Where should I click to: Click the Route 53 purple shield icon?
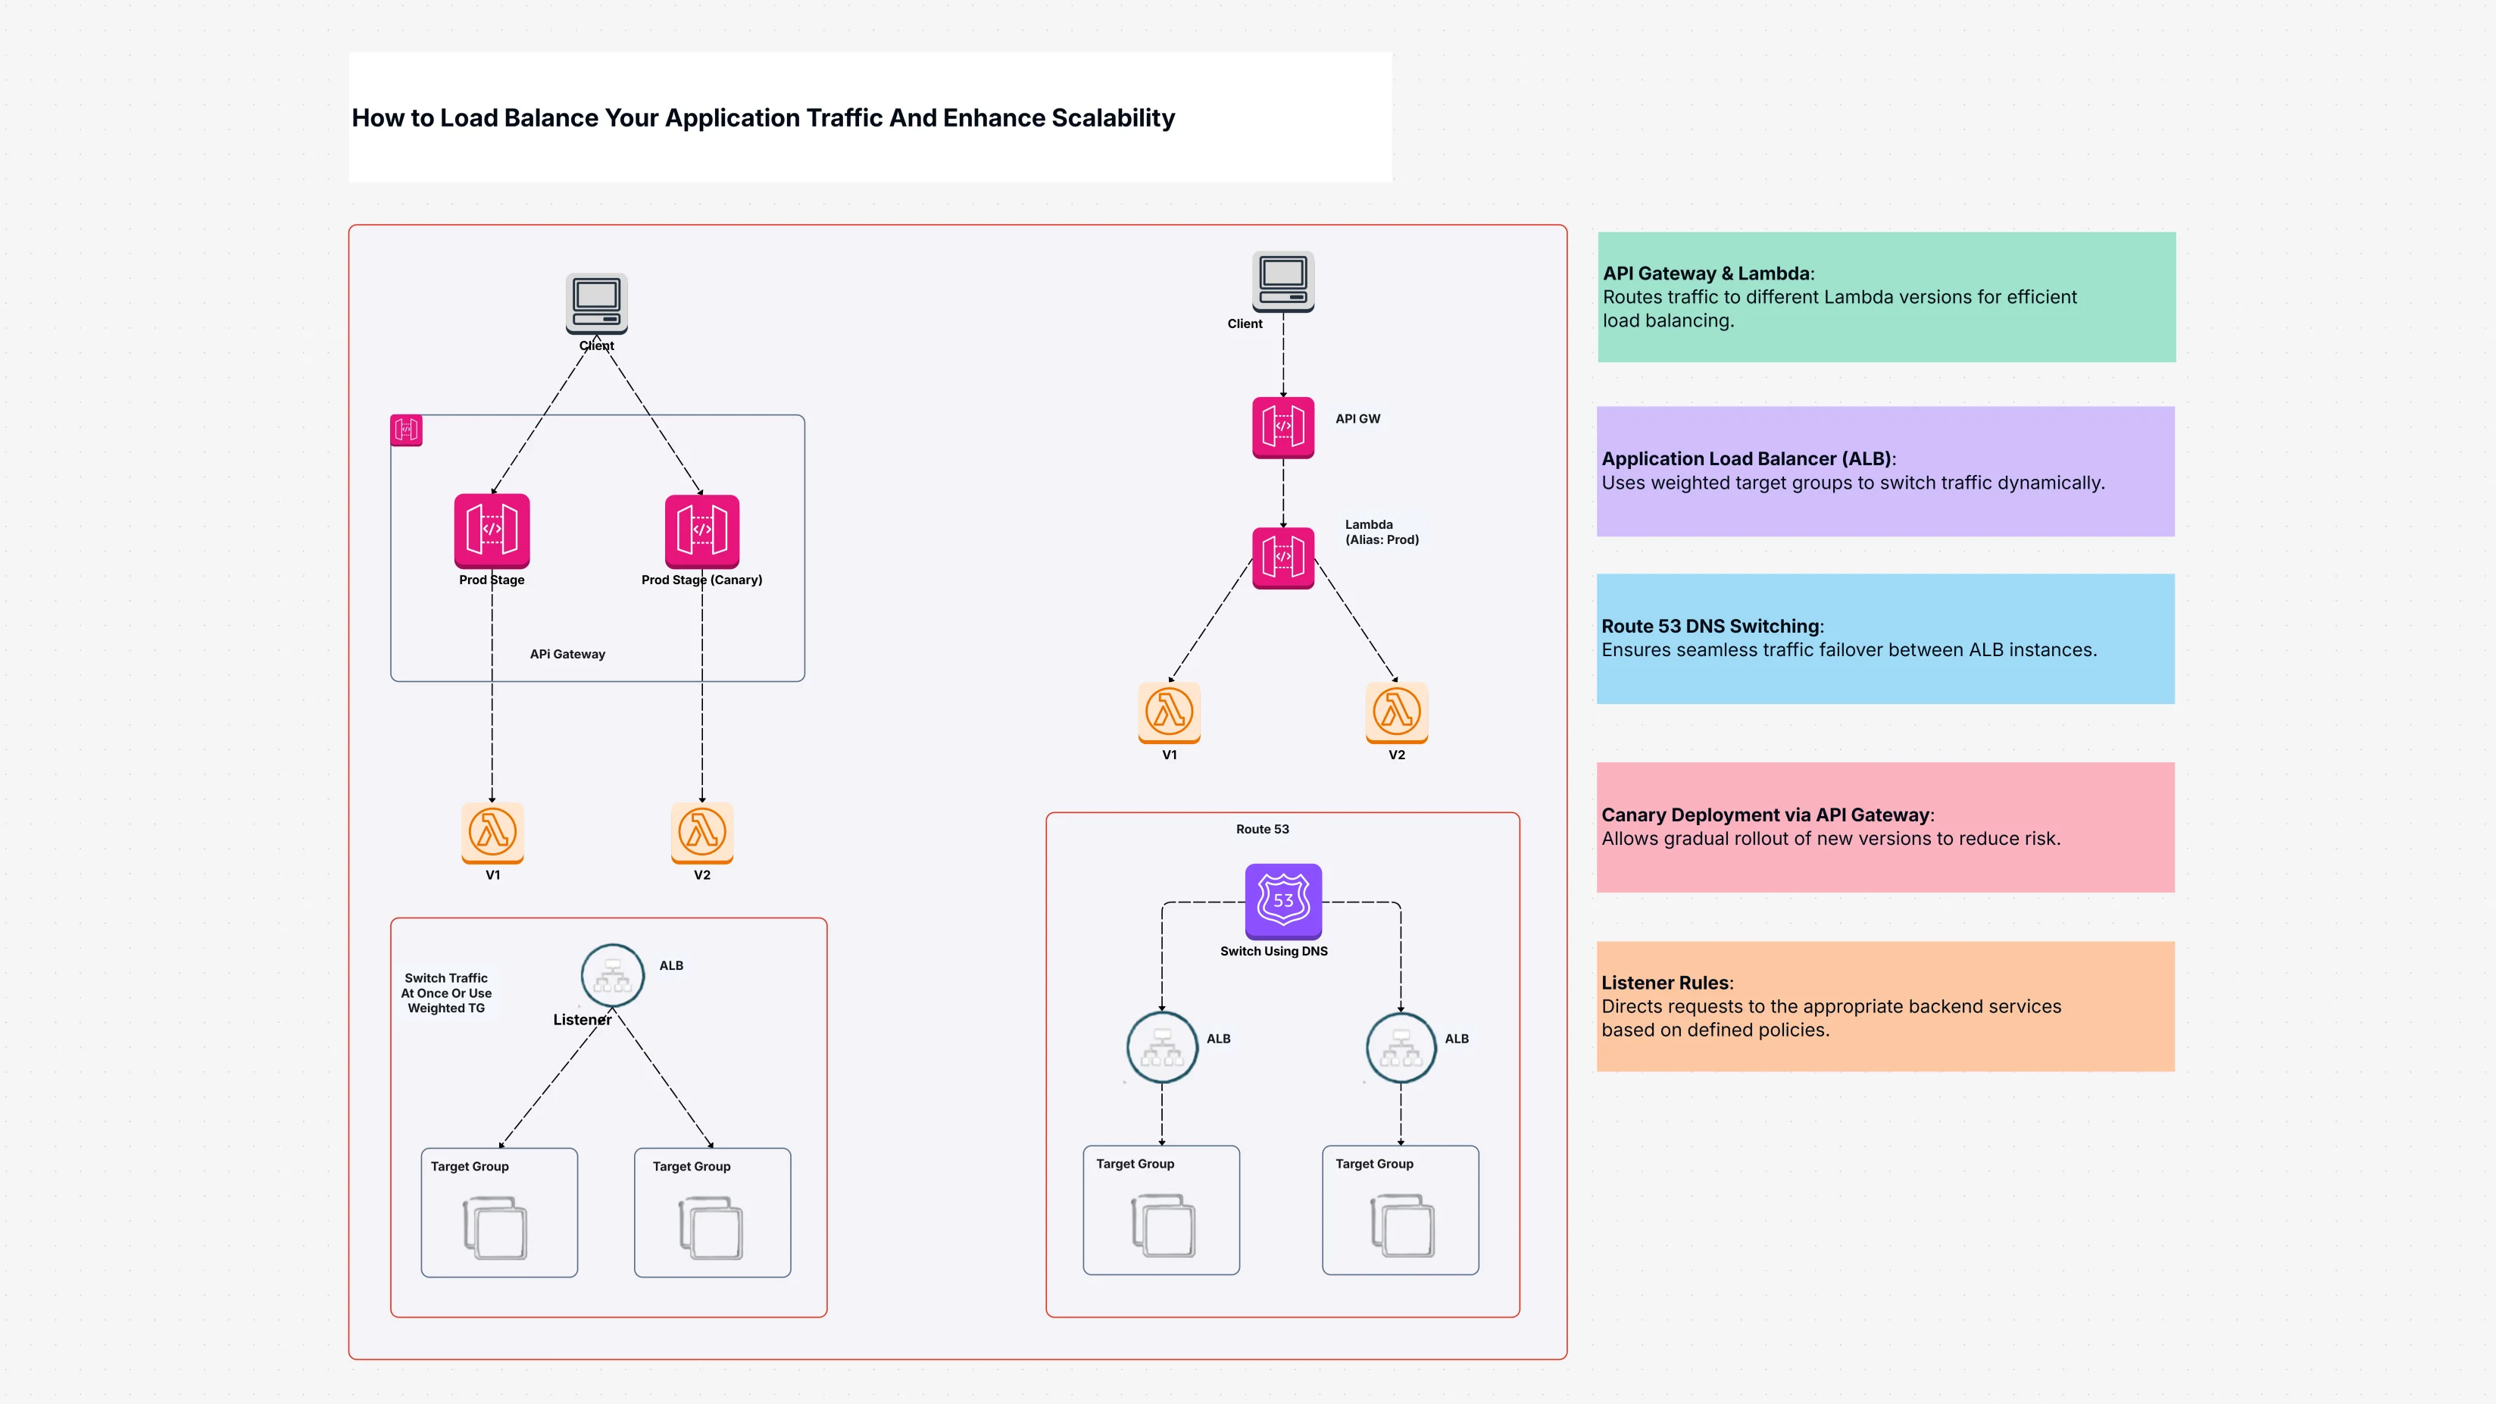click(1283, 900)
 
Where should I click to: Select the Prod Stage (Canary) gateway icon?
click(701, 530)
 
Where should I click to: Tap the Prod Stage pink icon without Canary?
click(492, 530)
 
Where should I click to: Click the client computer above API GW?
click(1283, 281)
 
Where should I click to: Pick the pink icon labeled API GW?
click(1283, 427)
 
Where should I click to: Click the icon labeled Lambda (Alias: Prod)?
click(1283, 557)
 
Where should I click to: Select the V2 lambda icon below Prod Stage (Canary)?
click(701, 831)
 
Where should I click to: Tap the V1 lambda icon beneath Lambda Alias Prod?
click(1170, 712)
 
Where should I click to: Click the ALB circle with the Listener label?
click(612, 976)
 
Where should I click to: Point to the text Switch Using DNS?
click(1273, 952)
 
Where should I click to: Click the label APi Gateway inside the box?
click(567, 654)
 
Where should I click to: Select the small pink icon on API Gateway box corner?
click(406, 430)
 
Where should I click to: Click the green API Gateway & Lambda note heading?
click(1707, 274)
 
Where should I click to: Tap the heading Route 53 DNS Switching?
click(1711, 626)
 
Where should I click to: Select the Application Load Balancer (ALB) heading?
click(1747, 458)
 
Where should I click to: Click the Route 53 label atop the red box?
click(1261, 830)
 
